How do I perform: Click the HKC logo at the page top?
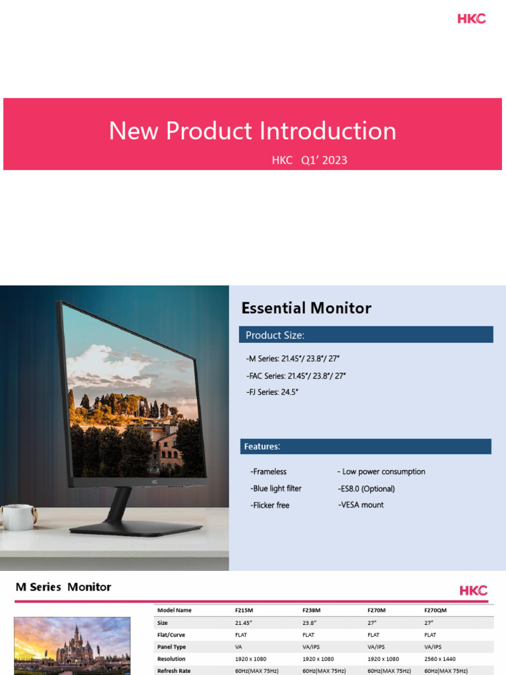472,18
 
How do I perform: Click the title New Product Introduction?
252,131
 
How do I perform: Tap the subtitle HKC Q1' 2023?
309,160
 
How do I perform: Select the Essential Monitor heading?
306,308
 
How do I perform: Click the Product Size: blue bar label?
275,336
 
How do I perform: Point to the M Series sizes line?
293,359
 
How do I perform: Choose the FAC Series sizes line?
295,376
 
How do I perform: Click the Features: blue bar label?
262,447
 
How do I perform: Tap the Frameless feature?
268,472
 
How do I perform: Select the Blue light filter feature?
276,488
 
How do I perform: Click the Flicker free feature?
269,506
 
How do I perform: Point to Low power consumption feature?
381,472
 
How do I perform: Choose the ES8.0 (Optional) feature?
366,488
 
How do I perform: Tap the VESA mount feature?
361,505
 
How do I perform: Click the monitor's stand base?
136,528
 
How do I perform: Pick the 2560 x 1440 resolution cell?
441,659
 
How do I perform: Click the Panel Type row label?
171,647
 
